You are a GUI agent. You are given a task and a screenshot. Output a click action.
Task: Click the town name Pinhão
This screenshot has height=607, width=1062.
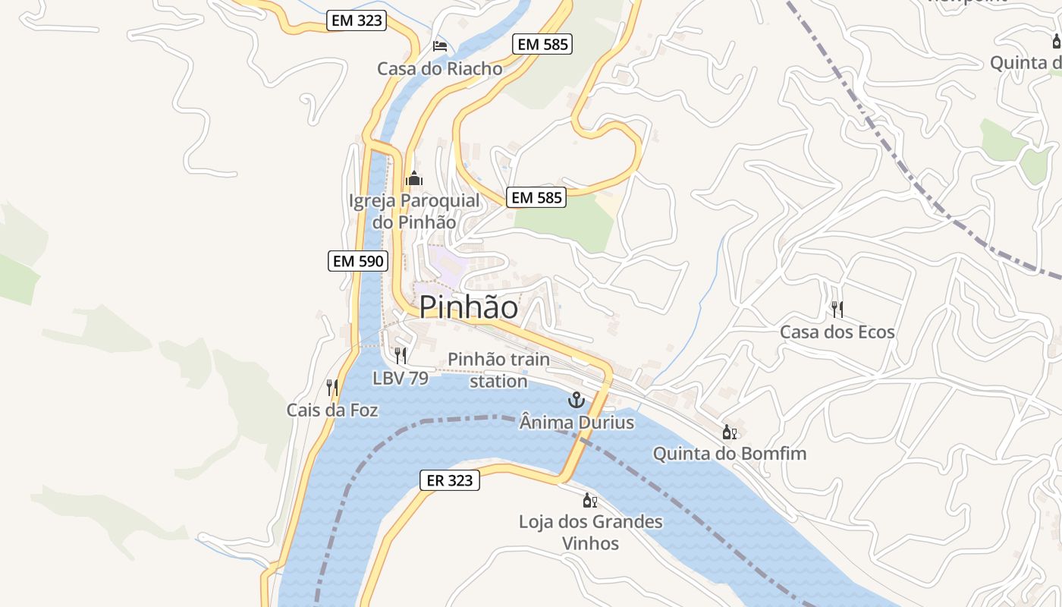(x=469, y=307)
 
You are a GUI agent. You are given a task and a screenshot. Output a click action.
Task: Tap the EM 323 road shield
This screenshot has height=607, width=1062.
(x=357, y=20)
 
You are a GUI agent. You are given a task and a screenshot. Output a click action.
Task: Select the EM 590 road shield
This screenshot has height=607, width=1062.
(x=359, y=262)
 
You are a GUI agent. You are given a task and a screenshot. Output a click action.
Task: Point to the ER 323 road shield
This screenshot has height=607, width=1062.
(x=450, y=480)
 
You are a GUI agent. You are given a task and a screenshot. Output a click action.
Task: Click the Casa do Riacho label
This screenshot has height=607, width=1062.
(x=440, y=69)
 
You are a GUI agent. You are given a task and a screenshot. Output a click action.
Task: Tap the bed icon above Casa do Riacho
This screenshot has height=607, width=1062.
(x=439, y=46)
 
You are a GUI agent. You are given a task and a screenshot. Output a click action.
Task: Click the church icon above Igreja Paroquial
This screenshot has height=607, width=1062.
(x=414, y=179)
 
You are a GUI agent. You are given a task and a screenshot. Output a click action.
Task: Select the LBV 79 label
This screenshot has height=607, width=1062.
(x=401, y=378)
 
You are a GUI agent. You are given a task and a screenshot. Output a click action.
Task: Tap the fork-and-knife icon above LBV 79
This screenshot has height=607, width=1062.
(x=401, y=355)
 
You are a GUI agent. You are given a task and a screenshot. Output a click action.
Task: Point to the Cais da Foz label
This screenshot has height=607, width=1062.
(x=332, y=410)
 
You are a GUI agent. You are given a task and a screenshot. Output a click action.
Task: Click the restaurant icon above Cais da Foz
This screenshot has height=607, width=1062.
(x=331, y=388)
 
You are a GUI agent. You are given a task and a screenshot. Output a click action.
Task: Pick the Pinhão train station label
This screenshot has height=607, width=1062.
(x=498, y=370)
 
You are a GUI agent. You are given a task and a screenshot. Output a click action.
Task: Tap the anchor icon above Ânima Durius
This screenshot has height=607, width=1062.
(x=577, y=399)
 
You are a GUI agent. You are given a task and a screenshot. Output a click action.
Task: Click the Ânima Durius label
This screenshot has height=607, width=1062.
(x=577, y=422)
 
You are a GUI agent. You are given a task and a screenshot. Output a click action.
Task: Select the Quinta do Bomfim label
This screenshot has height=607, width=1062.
(x=730, y=454)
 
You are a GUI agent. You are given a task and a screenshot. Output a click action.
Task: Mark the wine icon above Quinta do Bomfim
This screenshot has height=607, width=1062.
(x=729, y=432)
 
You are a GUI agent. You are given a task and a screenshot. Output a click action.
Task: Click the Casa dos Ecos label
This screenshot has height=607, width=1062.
(x=837, y=332)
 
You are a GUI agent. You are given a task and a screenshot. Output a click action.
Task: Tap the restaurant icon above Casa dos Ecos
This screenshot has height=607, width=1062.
(x=837, y=310)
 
